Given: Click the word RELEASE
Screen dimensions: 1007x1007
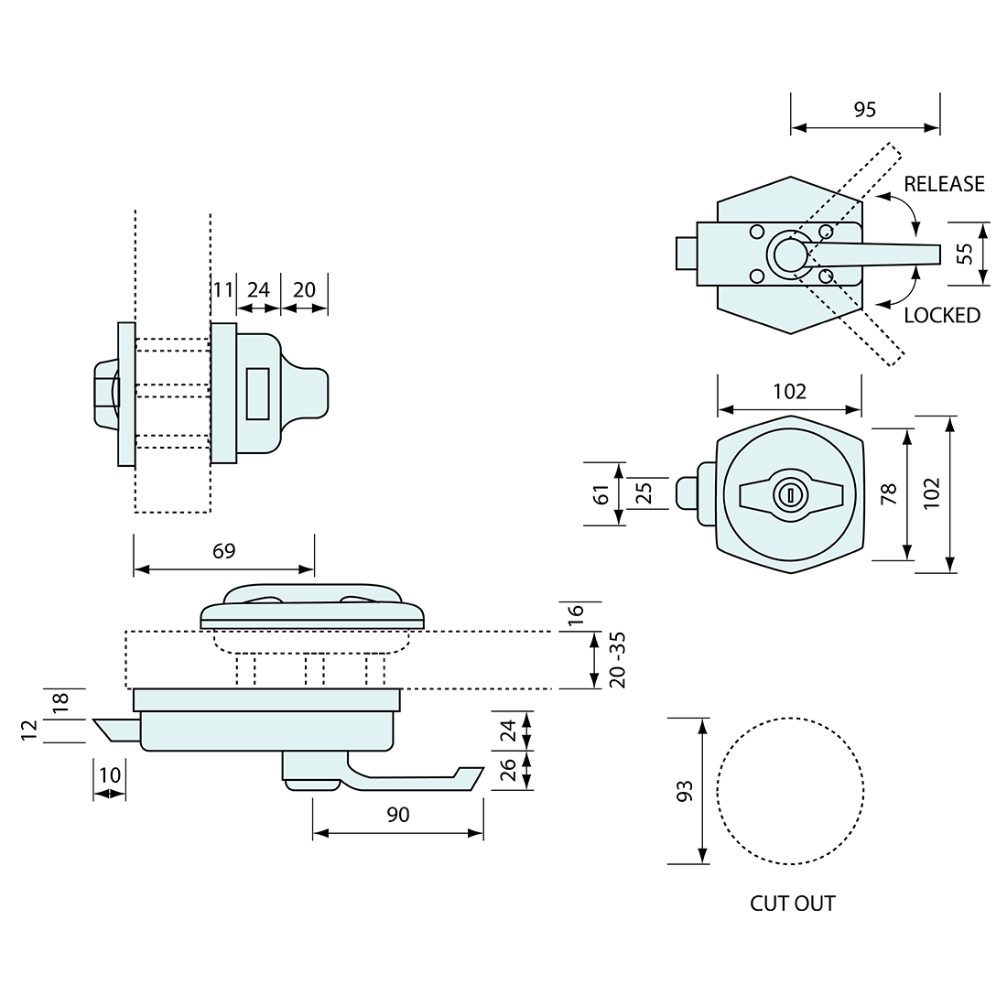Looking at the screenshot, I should (x=944, y=184).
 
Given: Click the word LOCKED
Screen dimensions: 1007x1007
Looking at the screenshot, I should (x=941, y=316).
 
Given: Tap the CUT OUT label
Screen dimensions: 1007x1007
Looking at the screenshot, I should (x=793, y=904).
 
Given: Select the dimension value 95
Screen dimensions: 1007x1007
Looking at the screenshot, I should (x=864, y=110).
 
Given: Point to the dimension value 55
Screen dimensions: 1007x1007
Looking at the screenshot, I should (x=965, y=254).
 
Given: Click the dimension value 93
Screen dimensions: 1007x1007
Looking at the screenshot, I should (x=683, y=791).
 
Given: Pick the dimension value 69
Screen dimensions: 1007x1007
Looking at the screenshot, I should (x=224, y=550).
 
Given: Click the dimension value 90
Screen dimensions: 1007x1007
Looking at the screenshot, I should (x=398, y=815).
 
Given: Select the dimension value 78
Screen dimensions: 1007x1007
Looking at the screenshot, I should (x=887, y=494).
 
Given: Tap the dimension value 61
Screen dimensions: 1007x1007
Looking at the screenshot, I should (x=601, y=494).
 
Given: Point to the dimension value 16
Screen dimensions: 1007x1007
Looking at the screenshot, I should (x=575, y=614).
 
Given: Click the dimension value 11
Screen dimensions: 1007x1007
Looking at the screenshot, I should (x=222, y=290).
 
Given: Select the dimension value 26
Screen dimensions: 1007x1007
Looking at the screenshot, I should (x=510, y=771).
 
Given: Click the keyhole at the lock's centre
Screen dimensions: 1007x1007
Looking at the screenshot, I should (x=788, y=495).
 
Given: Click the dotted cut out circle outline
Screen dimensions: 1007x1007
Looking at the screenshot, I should (x=719, y=791).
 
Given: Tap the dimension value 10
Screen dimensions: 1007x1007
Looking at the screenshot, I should (x=110, y=774).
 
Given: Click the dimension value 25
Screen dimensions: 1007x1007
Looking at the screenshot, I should (x=644, y=494).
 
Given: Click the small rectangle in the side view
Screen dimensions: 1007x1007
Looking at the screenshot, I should (x=258, y=395).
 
